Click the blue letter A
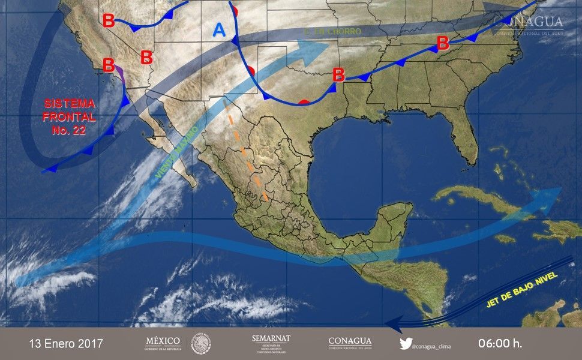point(220,30)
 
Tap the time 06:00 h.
point(500,344)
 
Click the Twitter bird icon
point(406,344)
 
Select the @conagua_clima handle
point(434,344)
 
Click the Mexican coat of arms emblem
point(201,344)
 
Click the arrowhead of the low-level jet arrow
point(391,325)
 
